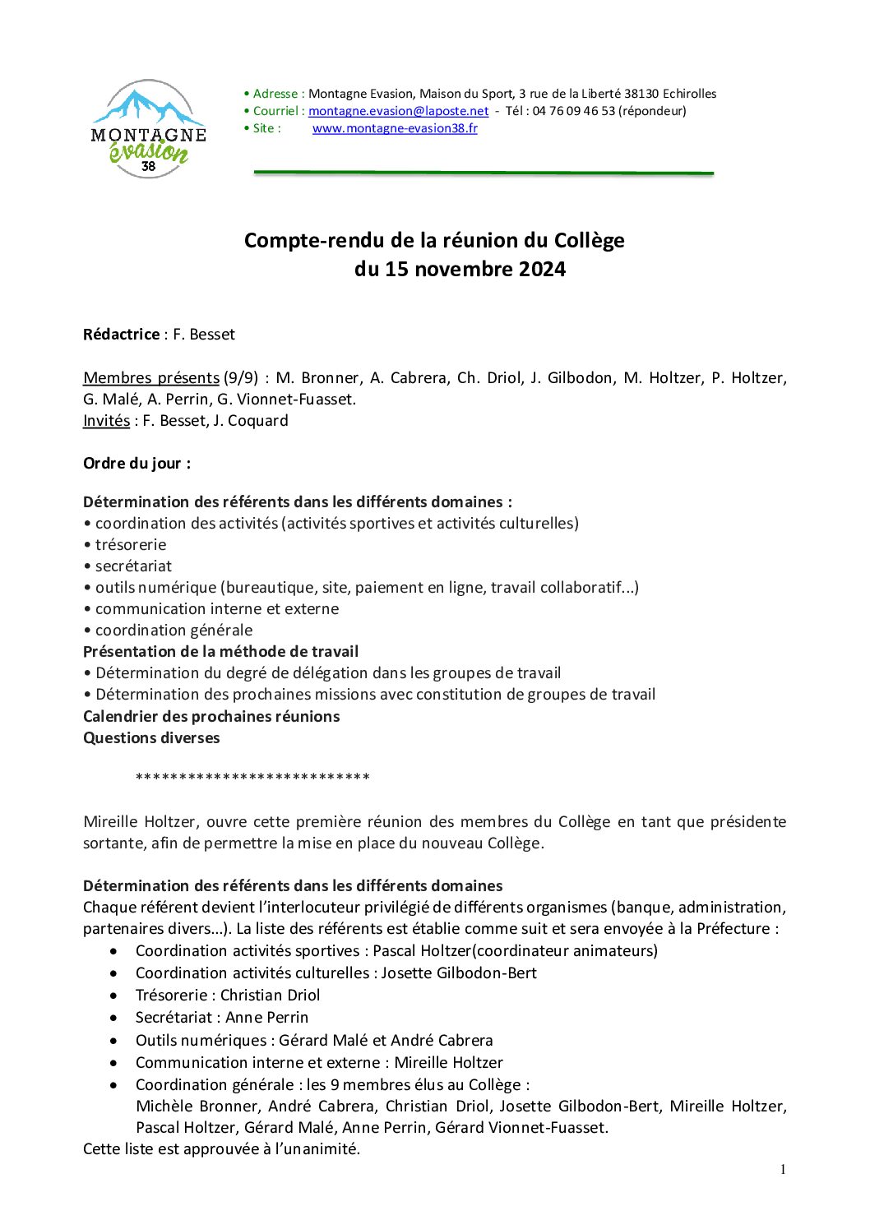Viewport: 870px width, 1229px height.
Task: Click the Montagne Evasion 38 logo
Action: (x=148, y=129)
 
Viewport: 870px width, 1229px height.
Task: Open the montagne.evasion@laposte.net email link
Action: (x=398, y=111)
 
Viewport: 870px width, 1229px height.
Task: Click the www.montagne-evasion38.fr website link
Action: (x=395, y=128)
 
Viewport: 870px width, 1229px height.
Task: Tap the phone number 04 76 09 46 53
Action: (x=573, y=111)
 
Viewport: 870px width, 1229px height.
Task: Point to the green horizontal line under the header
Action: (x=484, y=173)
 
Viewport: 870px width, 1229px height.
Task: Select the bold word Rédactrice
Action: (x=122, y=335)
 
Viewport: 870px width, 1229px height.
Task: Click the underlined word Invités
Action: (x=106, y=421)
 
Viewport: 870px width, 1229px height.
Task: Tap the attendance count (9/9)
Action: (x=241, y=378)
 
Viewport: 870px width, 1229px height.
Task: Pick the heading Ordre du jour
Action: (x=137, y=464)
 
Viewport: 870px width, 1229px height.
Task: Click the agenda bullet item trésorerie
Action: (x=130, y=545)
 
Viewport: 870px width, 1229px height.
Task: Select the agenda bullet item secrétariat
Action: (x=133, y=566)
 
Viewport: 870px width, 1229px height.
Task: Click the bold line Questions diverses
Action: (x=151, y=738)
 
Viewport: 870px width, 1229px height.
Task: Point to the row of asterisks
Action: (x=252, y=778)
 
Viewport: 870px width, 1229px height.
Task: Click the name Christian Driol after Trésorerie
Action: (x=270, y=996)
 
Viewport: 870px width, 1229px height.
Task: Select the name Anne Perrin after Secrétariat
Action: (x=266, y=1018)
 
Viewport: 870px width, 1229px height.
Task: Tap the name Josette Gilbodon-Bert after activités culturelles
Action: (x=458, y=973)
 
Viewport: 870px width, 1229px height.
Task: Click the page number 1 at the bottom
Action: (x=783, y=1170)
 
